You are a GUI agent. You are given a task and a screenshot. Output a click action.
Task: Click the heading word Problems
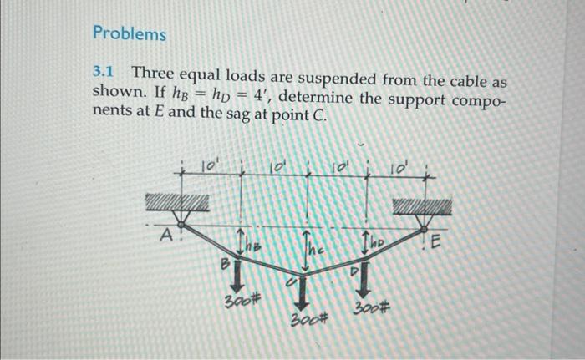(130, 34)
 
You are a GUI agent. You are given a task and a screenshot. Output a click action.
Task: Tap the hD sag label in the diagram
(376, 243)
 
